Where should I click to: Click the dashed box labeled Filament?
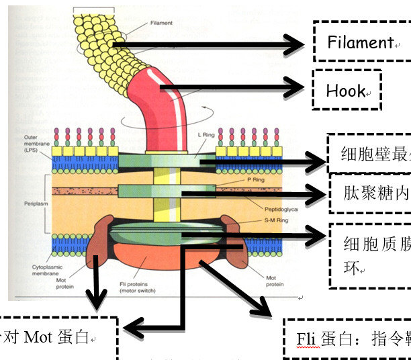click(x=361, y=42)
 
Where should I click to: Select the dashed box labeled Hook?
click(x=347, y=90)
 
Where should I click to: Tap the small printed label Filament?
click(x=161, y=23)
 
